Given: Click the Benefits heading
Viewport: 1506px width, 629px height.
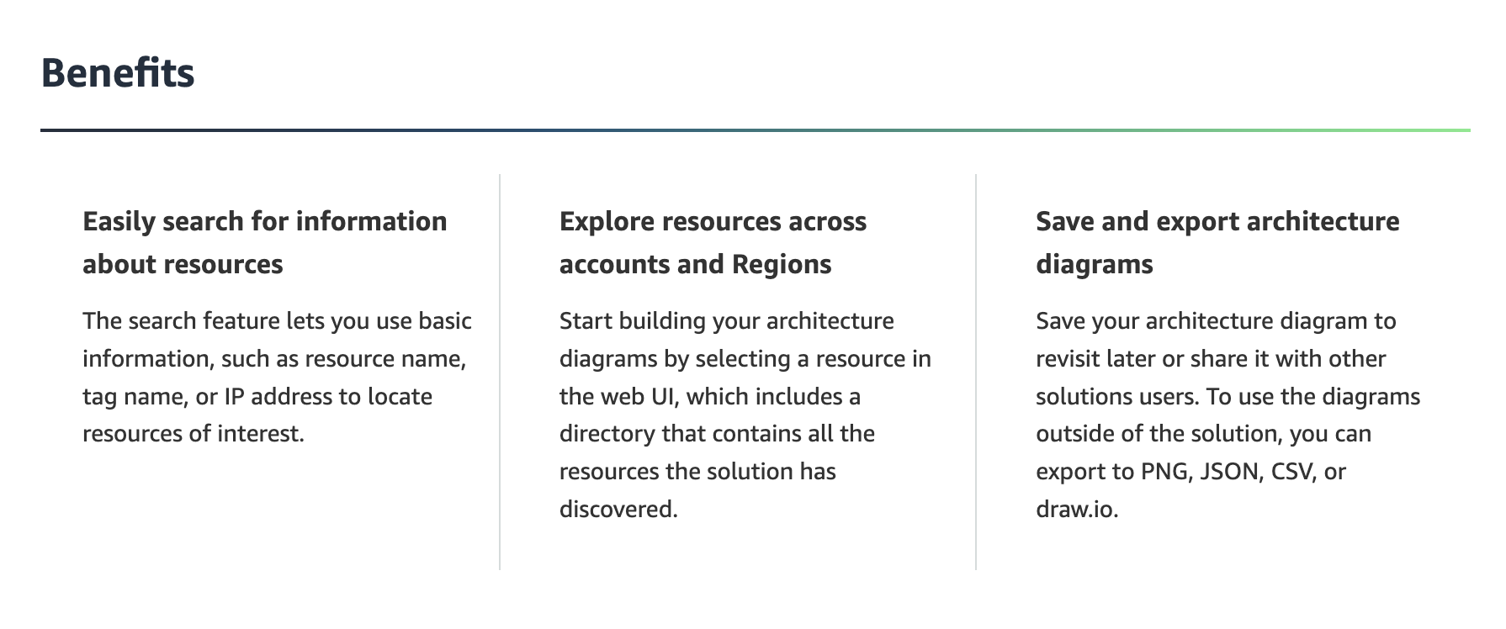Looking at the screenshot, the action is click(x=118, y=72).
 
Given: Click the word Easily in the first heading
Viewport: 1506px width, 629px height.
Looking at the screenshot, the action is click(x=119, y=222).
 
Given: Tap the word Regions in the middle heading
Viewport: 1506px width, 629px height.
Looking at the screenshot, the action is click(x=782, y=265).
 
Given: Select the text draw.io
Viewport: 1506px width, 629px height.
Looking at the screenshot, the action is click(x=1077, y=509).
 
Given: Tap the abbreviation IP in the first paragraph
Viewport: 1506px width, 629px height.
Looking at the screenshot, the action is click(x=234, y=396).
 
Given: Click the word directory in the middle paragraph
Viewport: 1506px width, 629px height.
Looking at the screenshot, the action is click(x=607, y=434).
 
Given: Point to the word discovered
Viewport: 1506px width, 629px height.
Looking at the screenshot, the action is click(x=618, y=509).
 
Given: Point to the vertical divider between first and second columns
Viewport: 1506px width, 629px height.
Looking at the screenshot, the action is click(x=500, y=372).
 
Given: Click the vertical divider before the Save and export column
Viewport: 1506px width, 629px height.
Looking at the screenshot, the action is click(x=976, y=372).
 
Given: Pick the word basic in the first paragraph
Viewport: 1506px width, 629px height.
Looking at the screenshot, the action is click(x=445, y=320).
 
